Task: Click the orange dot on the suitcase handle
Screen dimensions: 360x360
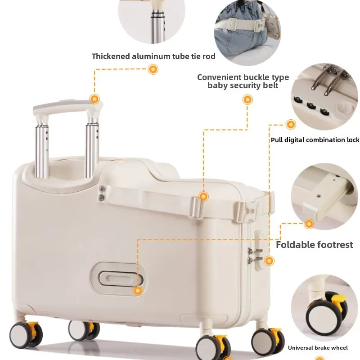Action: coord(94,99)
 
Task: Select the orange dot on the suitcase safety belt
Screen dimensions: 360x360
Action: coord(203,197)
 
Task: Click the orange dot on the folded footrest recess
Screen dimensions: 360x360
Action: coord(138,291)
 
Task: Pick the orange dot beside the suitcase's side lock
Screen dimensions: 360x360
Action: coord(269,261)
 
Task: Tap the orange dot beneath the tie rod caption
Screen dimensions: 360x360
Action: coord(153,69)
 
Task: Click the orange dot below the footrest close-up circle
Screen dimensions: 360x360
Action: coord(309,224)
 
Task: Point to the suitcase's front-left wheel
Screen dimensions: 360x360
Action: coord(25,335)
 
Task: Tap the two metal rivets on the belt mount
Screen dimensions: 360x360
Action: coord(102,193)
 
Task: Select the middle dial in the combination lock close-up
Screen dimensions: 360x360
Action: coord(311,106)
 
